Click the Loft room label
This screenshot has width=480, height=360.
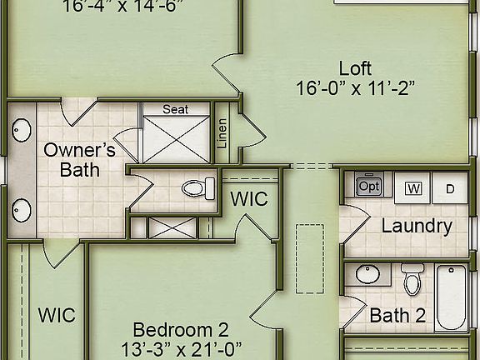click(355, 68)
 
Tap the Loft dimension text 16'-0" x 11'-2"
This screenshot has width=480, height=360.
click(355, 87)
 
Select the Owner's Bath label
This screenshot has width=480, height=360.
click(79, 160)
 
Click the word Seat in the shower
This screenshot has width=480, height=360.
click(175, 109)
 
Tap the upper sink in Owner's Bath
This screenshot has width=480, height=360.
click(22, 131)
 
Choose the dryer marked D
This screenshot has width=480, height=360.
click(450, 188)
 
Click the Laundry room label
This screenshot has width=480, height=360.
click(417, 226)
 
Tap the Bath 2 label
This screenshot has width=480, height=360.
click(397, 316)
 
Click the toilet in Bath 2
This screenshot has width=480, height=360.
click(412, 279)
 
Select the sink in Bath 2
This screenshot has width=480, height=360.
click(367, 273)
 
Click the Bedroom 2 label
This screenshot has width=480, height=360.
click(181, 329)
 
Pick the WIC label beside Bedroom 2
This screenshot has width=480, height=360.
click(57, 316)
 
